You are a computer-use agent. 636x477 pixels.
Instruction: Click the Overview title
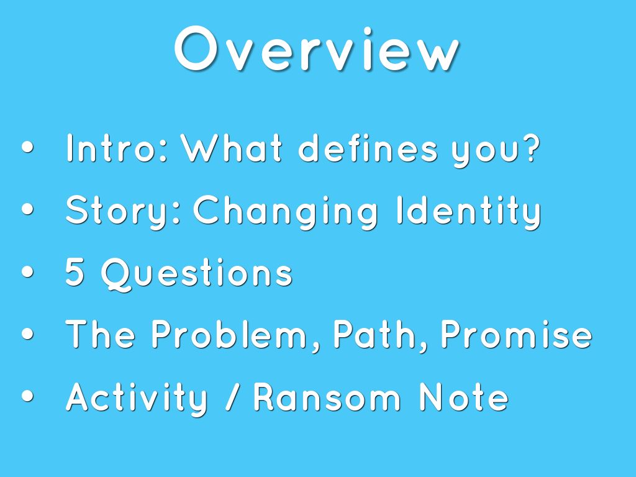317,50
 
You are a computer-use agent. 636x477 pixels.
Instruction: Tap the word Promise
516,335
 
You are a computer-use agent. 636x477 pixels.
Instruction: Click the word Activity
137,397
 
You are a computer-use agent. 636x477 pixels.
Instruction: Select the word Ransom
327,397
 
